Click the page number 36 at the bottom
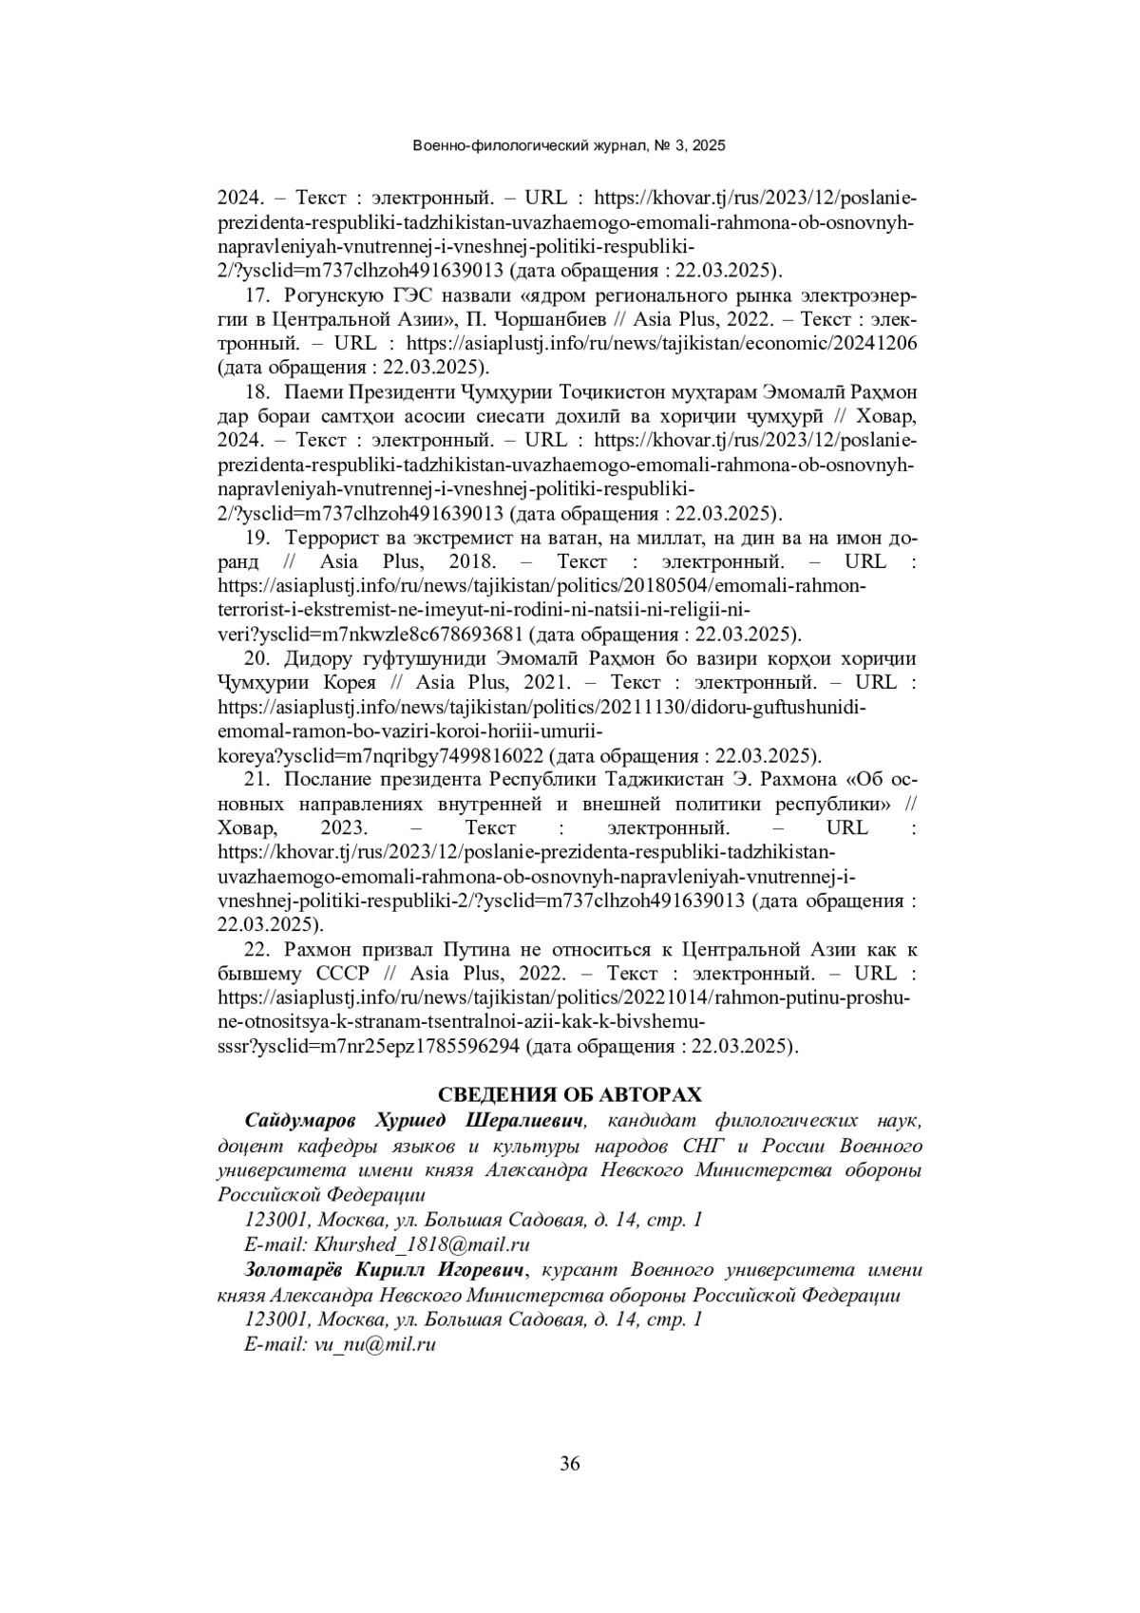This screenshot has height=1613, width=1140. pos(570,1464)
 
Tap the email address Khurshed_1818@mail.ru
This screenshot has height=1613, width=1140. pos(422,1244)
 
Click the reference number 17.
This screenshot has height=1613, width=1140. pos(256,294)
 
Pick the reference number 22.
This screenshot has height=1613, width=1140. pos(256,950)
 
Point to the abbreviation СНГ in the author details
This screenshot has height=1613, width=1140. pos(704,1146)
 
